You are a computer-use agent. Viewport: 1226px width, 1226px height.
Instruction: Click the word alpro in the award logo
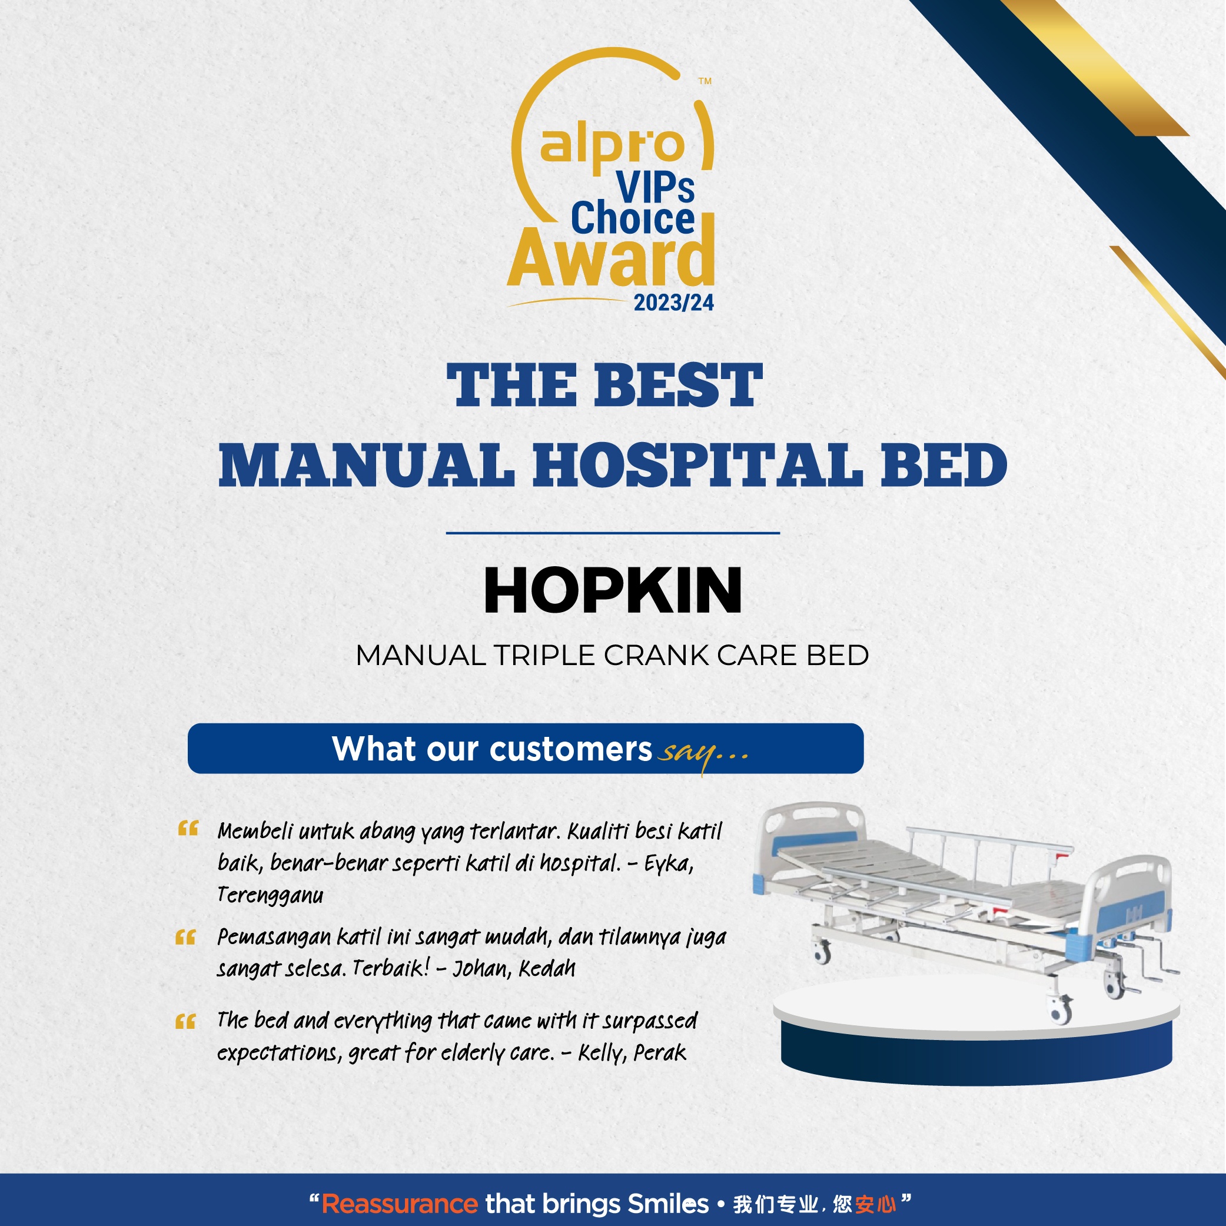612,147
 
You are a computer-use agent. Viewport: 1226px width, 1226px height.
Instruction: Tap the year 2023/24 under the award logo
673,303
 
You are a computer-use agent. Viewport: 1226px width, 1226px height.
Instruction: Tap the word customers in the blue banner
570,749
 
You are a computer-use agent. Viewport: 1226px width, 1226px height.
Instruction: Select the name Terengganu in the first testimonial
270,895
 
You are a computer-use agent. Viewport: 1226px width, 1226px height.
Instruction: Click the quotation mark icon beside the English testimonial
185,1022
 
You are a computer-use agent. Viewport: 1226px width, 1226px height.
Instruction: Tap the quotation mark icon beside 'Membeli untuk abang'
188,829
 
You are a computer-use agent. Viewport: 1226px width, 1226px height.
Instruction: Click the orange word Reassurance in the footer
400,1204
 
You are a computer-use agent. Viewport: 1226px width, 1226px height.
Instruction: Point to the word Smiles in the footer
668,1204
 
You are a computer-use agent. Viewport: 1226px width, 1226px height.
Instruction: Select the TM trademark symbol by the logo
705,81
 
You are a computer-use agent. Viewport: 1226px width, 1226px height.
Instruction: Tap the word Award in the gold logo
610,258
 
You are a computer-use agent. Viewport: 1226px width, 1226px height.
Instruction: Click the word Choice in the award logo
633,218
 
